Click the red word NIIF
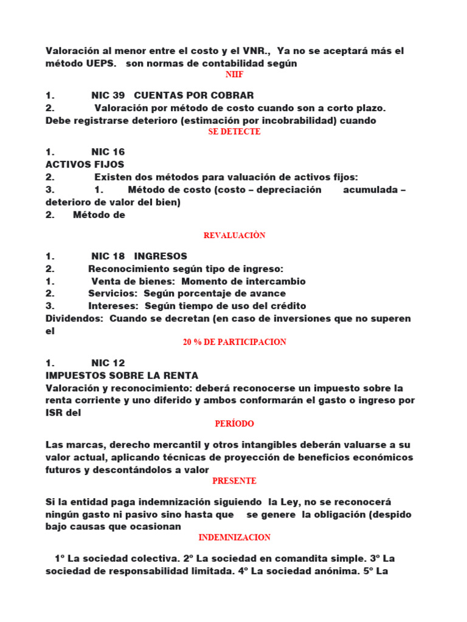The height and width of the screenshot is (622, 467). point(234,74)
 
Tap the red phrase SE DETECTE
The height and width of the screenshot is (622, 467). point(234,132)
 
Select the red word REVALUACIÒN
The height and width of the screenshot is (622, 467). point(234,236)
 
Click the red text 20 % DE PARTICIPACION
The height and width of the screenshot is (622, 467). point(234,342)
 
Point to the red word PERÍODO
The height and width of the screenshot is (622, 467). point(234,423)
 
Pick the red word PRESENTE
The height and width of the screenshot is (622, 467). point(234,481)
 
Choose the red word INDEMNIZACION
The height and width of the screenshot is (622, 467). point(234,538)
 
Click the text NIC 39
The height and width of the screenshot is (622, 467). point(108,95)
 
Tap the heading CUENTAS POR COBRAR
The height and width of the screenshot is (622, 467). point(193,95)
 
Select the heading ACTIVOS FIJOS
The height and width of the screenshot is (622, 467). point(85,164)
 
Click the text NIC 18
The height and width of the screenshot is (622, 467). point(108,256)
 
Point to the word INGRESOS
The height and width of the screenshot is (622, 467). point(161,256)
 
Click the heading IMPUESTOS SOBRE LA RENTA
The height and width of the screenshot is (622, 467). point(122,375)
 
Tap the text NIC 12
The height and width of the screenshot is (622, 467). point(108,363)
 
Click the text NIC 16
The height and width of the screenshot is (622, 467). point(108,152)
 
